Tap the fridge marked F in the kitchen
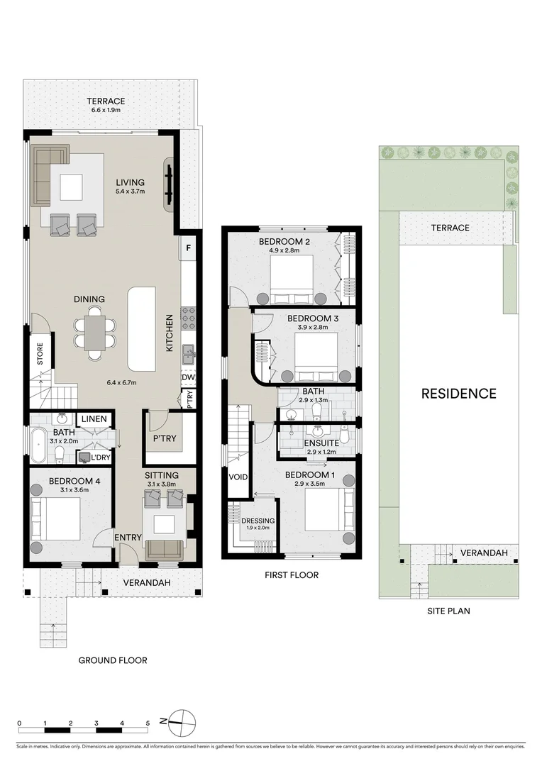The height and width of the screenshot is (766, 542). tap(189, 248)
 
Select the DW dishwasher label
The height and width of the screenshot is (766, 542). tap(187, 377)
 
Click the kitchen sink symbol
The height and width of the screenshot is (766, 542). tap(188, 353)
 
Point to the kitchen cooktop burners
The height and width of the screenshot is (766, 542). tap(189, 318)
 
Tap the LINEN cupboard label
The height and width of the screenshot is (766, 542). tap(94, 419)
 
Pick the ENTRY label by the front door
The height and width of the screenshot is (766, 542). tap(128, 538)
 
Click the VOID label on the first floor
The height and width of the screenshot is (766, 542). tap(238, 477)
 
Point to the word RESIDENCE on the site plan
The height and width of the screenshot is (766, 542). tap(458, 394)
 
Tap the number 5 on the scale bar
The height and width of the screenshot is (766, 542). tap(148, 723)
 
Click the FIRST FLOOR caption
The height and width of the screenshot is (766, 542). tap(292, 575)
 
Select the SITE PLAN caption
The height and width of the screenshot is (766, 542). tap(448, 610)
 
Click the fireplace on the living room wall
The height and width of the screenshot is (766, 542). tap(170, 184)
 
